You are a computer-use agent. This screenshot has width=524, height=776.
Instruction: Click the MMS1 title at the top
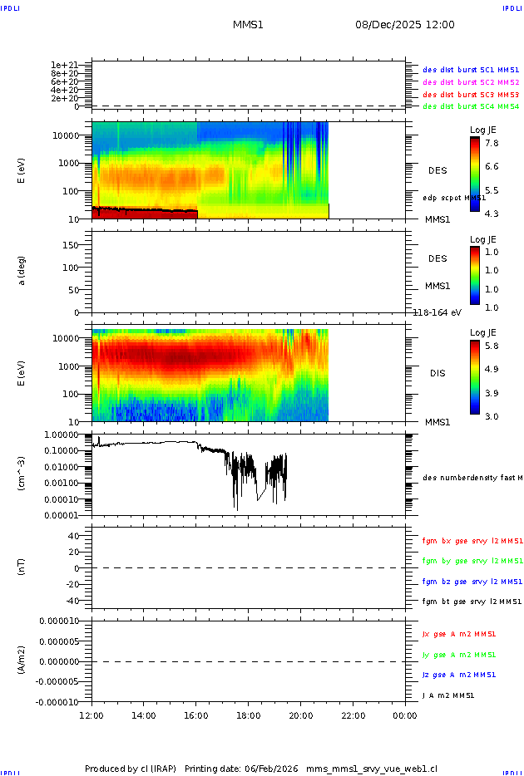click(248, 25)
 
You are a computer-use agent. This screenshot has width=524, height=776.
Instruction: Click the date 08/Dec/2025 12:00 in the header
click(405, 25)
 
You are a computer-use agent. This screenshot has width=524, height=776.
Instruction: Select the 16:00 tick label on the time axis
click(196, 715)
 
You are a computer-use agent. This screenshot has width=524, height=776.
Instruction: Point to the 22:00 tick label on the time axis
click(353, 715)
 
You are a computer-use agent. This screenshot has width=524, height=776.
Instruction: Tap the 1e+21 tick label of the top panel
click(65, 65)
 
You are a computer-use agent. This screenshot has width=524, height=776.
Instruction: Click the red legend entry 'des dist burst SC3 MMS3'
click(471, 95)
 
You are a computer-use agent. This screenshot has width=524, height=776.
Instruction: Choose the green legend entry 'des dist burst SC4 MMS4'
click(471, 106)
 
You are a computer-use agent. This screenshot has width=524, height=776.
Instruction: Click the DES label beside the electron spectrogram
click(437, 170)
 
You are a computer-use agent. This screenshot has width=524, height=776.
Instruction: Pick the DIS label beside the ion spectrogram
click(437, 373)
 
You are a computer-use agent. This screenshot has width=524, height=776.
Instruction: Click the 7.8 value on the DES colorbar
click(492, 143)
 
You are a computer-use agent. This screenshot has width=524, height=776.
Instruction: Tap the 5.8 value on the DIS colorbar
click(492, 345)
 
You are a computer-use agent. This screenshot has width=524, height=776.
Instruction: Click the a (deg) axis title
click(22, 270)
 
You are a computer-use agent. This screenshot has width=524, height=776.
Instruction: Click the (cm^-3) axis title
click(22, 473)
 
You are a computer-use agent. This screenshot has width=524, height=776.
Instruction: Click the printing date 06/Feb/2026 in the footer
click(272, 768)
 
